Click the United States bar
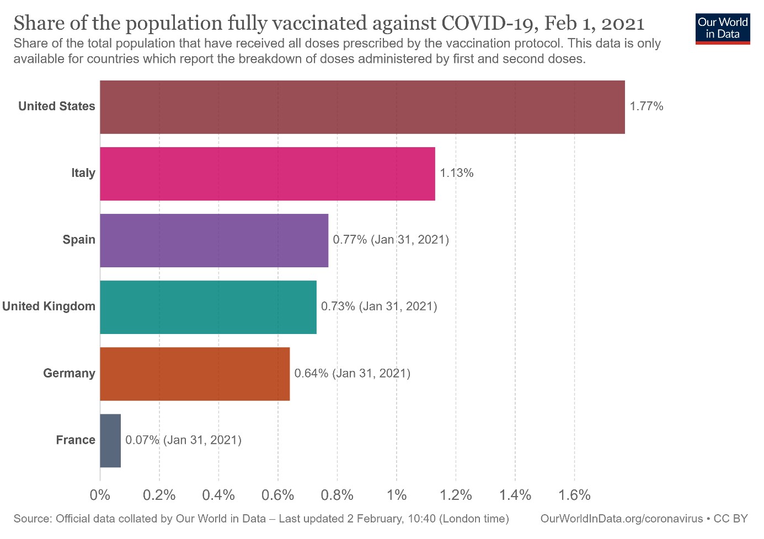(362, 107)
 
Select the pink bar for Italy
(267, 174)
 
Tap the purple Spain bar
(214, 240)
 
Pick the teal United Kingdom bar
(208, 307)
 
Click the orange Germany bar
(195, 374)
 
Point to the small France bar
(110, 440)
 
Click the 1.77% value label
(647, 106)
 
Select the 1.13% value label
(456, 173)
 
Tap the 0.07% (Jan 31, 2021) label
(183, 440)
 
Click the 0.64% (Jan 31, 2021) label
(352, 373)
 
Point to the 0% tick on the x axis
(100, 495)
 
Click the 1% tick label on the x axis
(397, 495)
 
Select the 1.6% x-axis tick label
(574, 495)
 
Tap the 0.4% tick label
(218, 495)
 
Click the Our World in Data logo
(723, 28)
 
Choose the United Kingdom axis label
(49, 306)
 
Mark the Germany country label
(69, 373)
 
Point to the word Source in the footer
(32, 519)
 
